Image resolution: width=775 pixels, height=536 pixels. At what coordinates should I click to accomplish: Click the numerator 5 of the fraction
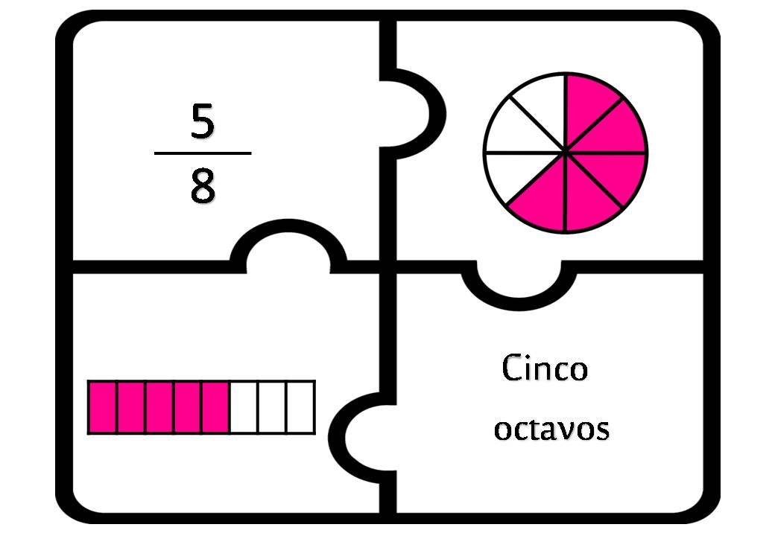click(203, 121)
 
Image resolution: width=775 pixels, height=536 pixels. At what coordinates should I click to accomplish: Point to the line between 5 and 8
click(203, 153)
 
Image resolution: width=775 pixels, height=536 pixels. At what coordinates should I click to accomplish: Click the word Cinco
click(545, 368)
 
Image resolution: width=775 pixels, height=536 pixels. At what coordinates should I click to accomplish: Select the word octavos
click(551, 429)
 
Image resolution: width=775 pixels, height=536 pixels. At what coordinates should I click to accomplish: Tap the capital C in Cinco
click(511, 368)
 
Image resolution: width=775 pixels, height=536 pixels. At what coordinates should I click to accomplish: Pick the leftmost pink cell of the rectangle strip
click(102, 407)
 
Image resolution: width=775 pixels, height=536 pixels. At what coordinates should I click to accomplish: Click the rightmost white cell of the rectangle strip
click(301, 407)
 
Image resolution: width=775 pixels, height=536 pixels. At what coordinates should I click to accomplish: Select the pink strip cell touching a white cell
click(216, 407)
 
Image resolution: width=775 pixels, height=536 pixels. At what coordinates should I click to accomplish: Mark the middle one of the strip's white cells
click(272, 407)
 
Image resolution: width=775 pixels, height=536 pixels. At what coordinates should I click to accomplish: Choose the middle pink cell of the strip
click(159, 407)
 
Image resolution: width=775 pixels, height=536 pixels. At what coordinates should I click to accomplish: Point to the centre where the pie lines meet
click(566, 153)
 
